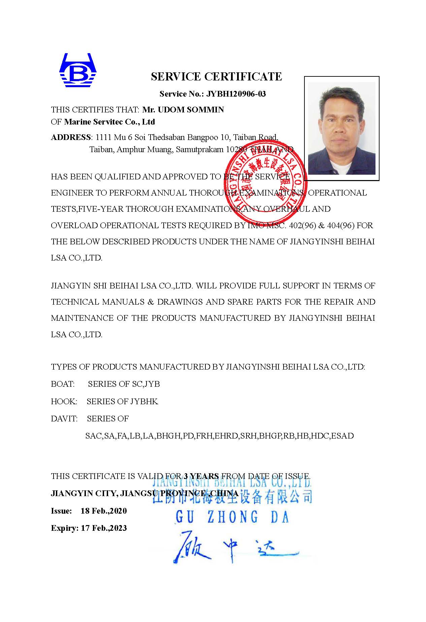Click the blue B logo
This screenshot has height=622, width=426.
coord(78,70)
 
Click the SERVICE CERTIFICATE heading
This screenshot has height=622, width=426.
coord(216,77)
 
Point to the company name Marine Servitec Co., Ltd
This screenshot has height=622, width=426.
coord(109,122)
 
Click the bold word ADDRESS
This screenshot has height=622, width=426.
coord(71,137)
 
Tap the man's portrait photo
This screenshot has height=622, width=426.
coord(341,128)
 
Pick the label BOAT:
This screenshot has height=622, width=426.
coord(63,384)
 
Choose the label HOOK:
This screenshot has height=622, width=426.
coord(64,402)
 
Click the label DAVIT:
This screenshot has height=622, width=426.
coord(64,419)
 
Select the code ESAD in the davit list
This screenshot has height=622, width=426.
coord(342,436)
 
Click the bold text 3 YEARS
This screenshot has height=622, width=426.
coord(201,476)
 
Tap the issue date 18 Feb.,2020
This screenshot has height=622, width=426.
coord(104,511)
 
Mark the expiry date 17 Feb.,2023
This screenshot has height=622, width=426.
coord(104,528)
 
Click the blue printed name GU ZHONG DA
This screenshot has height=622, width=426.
coord(232,517)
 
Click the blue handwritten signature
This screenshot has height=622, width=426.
coord(232,547)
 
